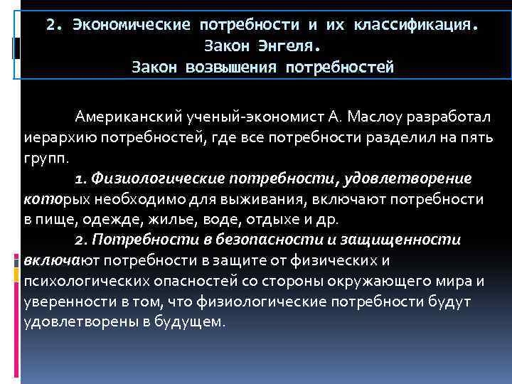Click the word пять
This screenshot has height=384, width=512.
[x=476, y=137]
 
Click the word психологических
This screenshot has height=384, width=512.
[x=78, y=282]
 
